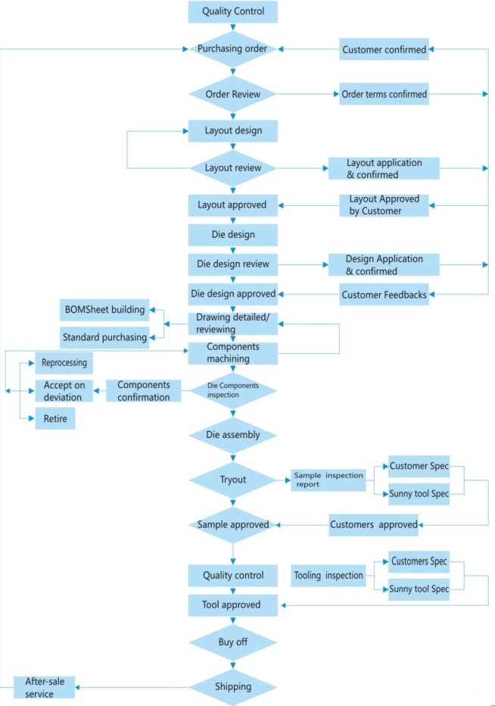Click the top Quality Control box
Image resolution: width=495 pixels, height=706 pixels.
(232, 11)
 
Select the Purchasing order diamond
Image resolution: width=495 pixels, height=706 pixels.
(232, 48)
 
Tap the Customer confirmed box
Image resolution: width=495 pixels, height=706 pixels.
(384, 49)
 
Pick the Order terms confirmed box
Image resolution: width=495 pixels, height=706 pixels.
(384, 94)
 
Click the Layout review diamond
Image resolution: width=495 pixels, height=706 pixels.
(232, 168)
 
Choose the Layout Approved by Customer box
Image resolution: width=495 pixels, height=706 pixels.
(384, 205)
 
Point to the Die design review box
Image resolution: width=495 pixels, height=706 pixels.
(232, 264)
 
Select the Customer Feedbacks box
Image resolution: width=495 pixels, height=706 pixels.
(384, 295)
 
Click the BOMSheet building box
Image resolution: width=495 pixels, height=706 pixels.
(104, 310)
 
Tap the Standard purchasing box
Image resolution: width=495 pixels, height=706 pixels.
(104, 337)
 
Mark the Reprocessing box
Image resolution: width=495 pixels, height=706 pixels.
(64, 363)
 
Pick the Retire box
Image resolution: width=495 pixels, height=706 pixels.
(55, 419)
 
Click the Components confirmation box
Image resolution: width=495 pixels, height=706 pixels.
(144, 391)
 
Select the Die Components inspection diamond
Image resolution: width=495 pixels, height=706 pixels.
(232, 390)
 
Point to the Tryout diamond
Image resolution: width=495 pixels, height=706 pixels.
(232, 480)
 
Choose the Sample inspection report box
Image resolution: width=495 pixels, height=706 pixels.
(328, 480)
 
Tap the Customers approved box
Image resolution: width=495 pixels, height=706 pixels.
(373, 525)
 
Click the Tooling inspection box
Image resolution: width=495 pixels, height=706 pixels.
(328, 576)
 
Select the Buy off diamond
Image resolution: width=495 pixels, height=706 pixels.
(232, 642)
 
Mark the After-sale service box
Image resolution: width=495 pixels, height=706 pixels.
(44, 688)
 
